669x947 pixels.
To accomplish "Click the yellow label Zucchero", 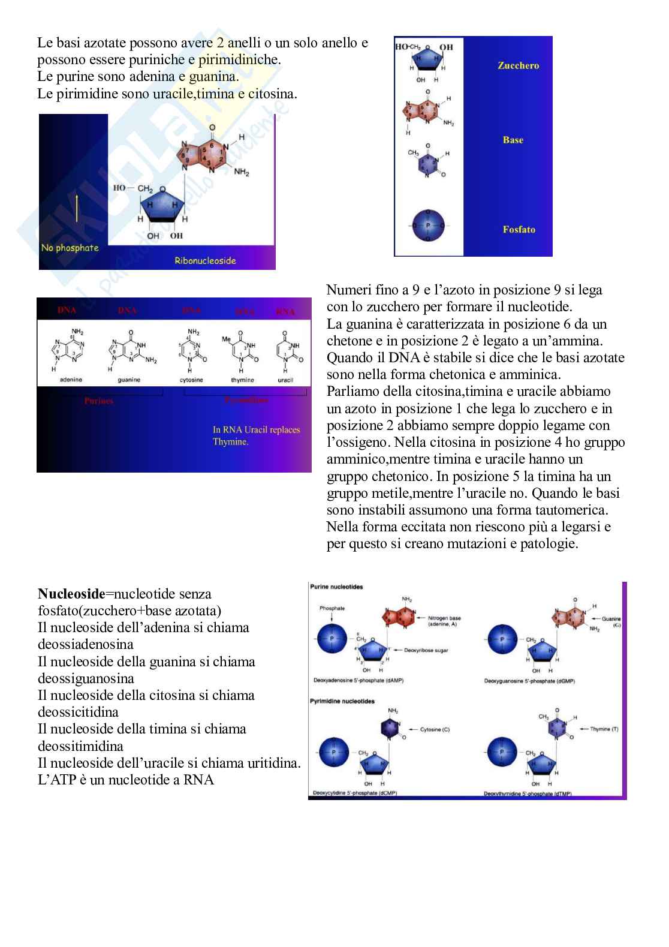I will pos(518,65).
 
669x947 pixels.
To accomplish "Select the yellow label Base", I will pos(513,140).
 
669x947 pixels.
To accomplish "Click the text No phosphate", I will pos(70,247).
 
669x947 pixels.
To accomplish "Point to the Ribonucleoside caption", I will pos(205,260).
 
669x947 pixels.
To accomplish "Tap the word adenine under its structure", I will pos(71,380).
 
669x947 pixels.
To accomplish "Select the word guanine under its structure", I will pos(129,380).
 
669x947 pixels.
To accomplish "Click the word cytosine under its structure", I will pos(192,380).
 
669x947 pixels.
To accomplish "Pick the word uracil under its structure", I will pos(285,380).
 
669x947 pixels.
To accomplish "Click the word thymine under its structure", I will pos(243,380).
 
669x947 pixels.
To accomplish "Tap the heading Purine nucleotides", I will pos(337,587).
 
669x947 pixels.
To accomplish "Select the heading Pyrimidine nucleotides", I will pos(342,701).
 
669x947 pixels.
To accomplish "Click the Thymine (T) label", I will pos(604,729).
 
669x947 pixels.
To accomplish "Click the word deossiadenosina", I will pos(86,645).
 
